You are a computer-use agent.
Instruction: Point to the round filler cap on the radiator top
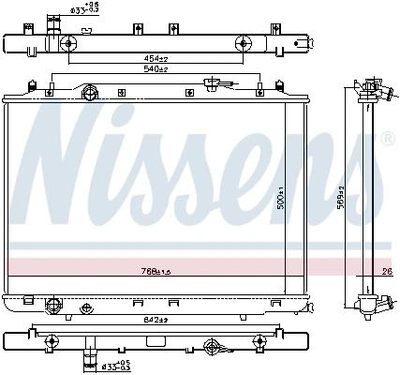(91, 93)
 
